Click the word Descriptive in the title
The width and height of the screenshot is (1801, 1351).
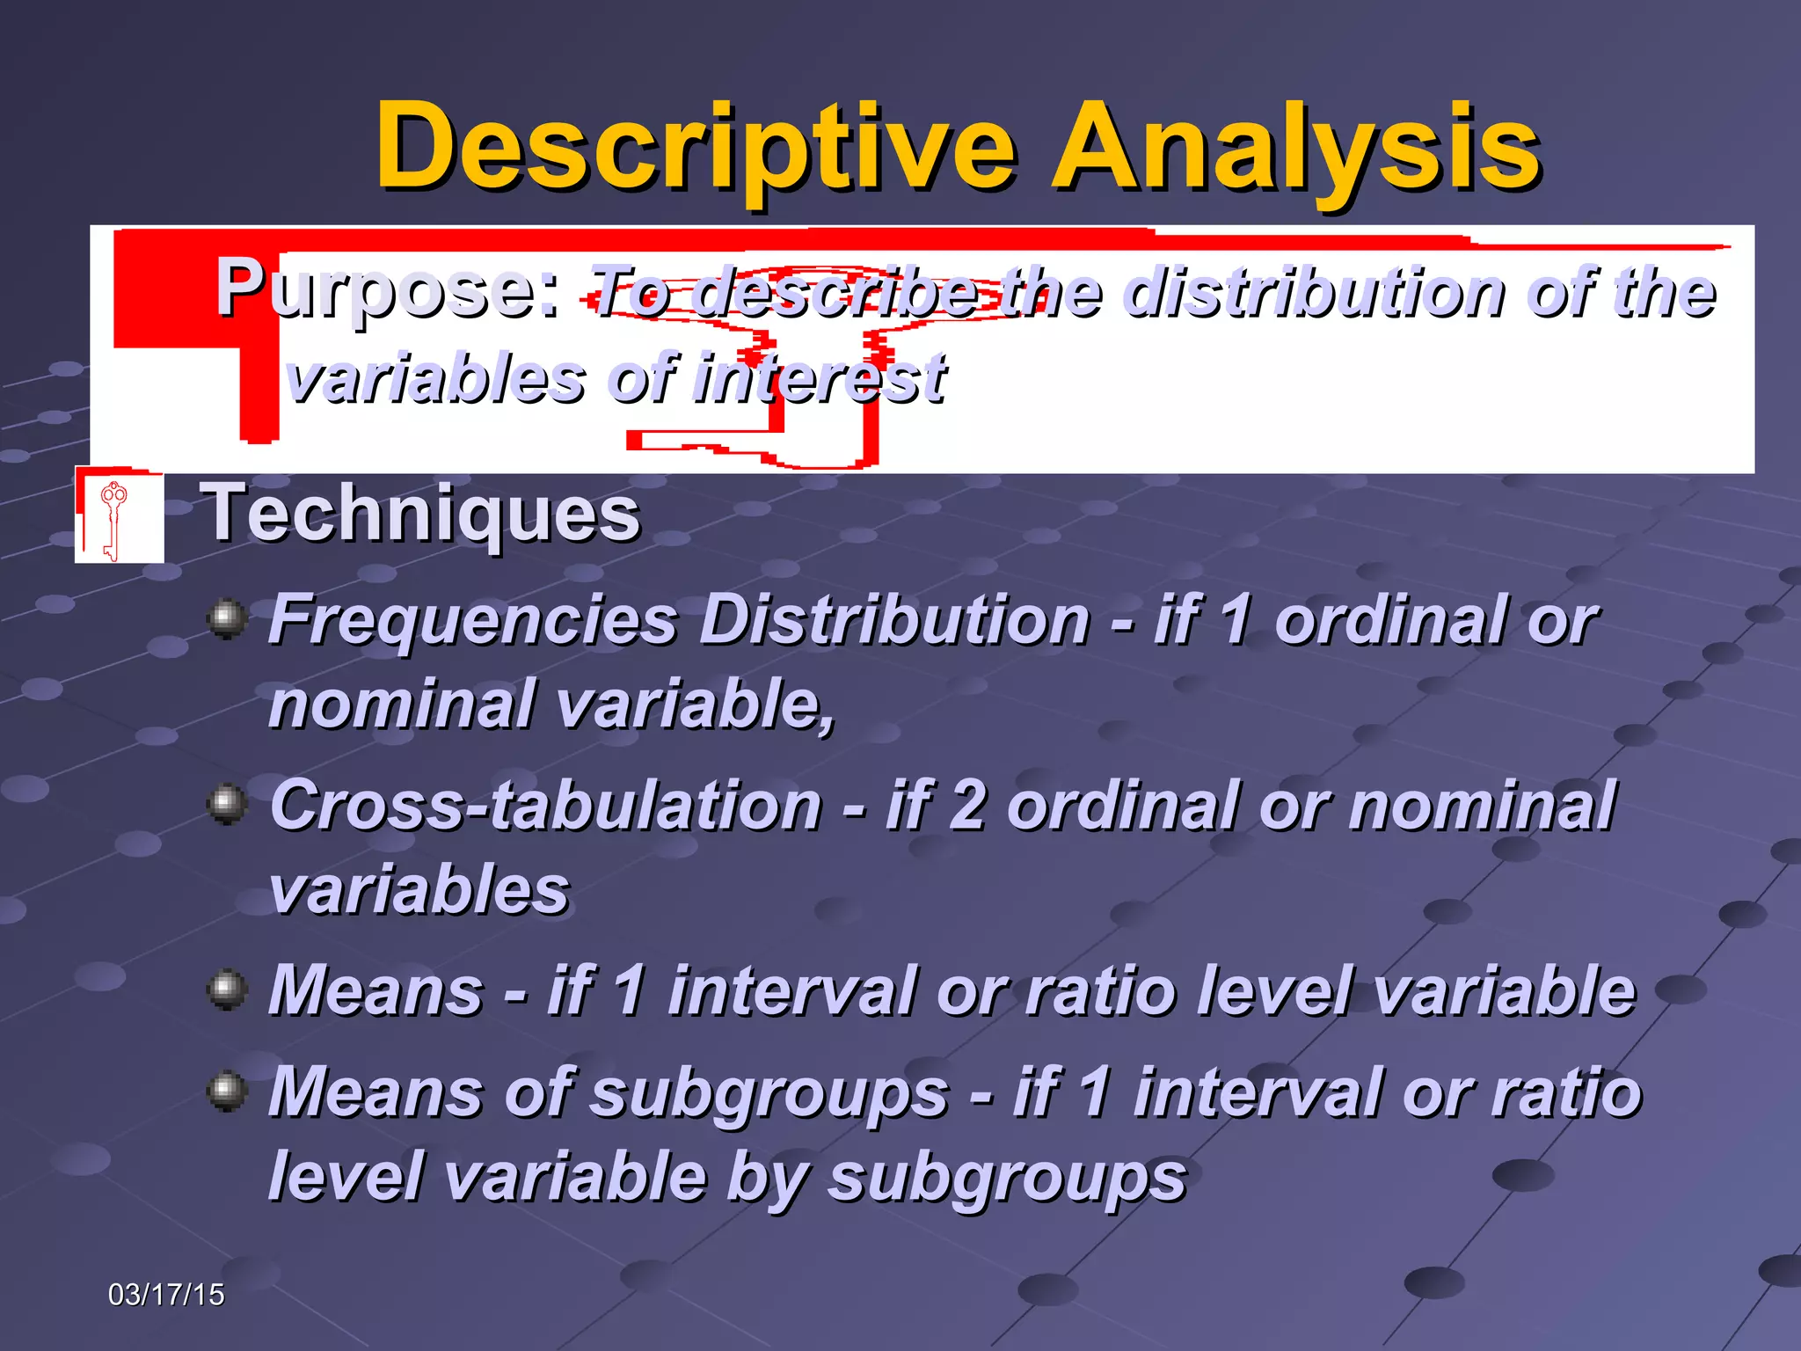click(695, 148)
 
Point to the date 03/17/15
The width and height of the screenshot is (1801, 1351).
click(166, 1294)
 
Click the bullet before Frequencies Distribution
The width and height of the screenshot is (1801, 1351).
click(228, 618)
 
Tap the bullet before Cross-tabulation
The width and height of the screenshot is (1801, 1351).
click(228, 804)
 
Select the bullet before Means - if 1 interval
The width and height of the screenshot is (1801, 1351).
click(228, 990)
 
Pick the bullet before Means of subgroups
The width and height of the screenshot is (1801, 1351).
click(228, 1092)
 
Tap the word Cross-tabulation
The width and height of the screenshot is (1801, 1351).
click(545, 806)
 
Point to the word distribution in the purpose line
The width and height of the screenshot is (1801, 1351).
click(1315, 292)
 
